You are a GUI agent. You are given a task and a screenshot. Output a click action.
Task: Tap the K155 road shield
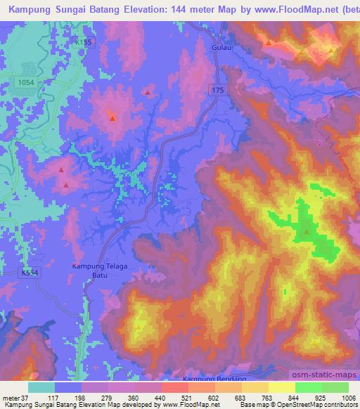click(x=84, y=43)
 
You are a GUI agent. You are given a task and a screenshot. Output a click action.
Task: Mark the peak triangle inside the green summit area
click(x=307, y=231)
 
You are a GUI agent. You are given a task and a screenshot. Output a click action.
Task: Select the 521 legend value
click(x=174, y=398)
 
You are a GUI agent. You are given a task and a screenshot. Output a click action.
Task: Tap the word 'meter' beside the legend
click(x=9, y=398)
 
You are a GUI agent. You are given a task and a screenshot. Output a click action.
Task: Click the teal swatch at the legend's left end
click(x=41, y=387)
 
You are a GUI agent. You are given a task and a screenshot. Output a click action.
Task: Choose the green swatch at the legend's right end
click(x=333, y=387)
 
